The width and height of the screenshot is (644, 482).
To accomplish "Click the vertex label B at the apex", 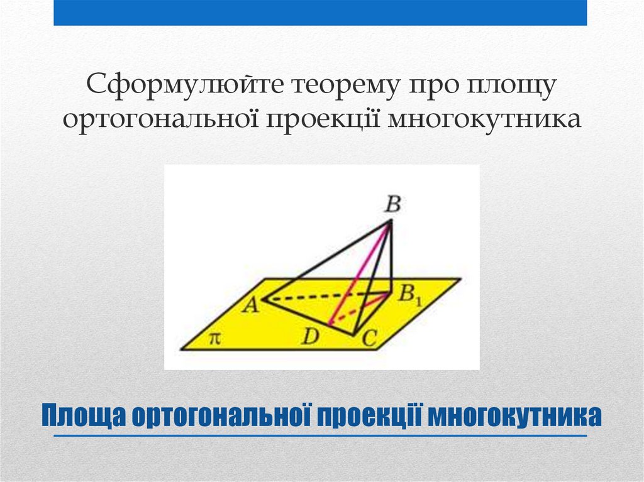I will pyautogui.click(x=393, y=204).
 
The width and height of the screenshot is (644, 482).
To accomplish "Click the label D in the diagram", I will pyautogui.click(x=309, y=337).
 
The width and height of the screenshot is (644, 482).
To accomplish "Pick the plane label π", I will pyautogui.click(x=214, y=339).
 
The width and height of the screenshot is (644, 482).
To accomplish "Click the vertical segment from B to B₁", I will pyautogui.click(x=392, y=255).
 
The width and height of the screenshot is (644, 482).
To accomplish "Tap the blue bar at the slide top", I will pyautogui.click(x=320, y=13).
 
